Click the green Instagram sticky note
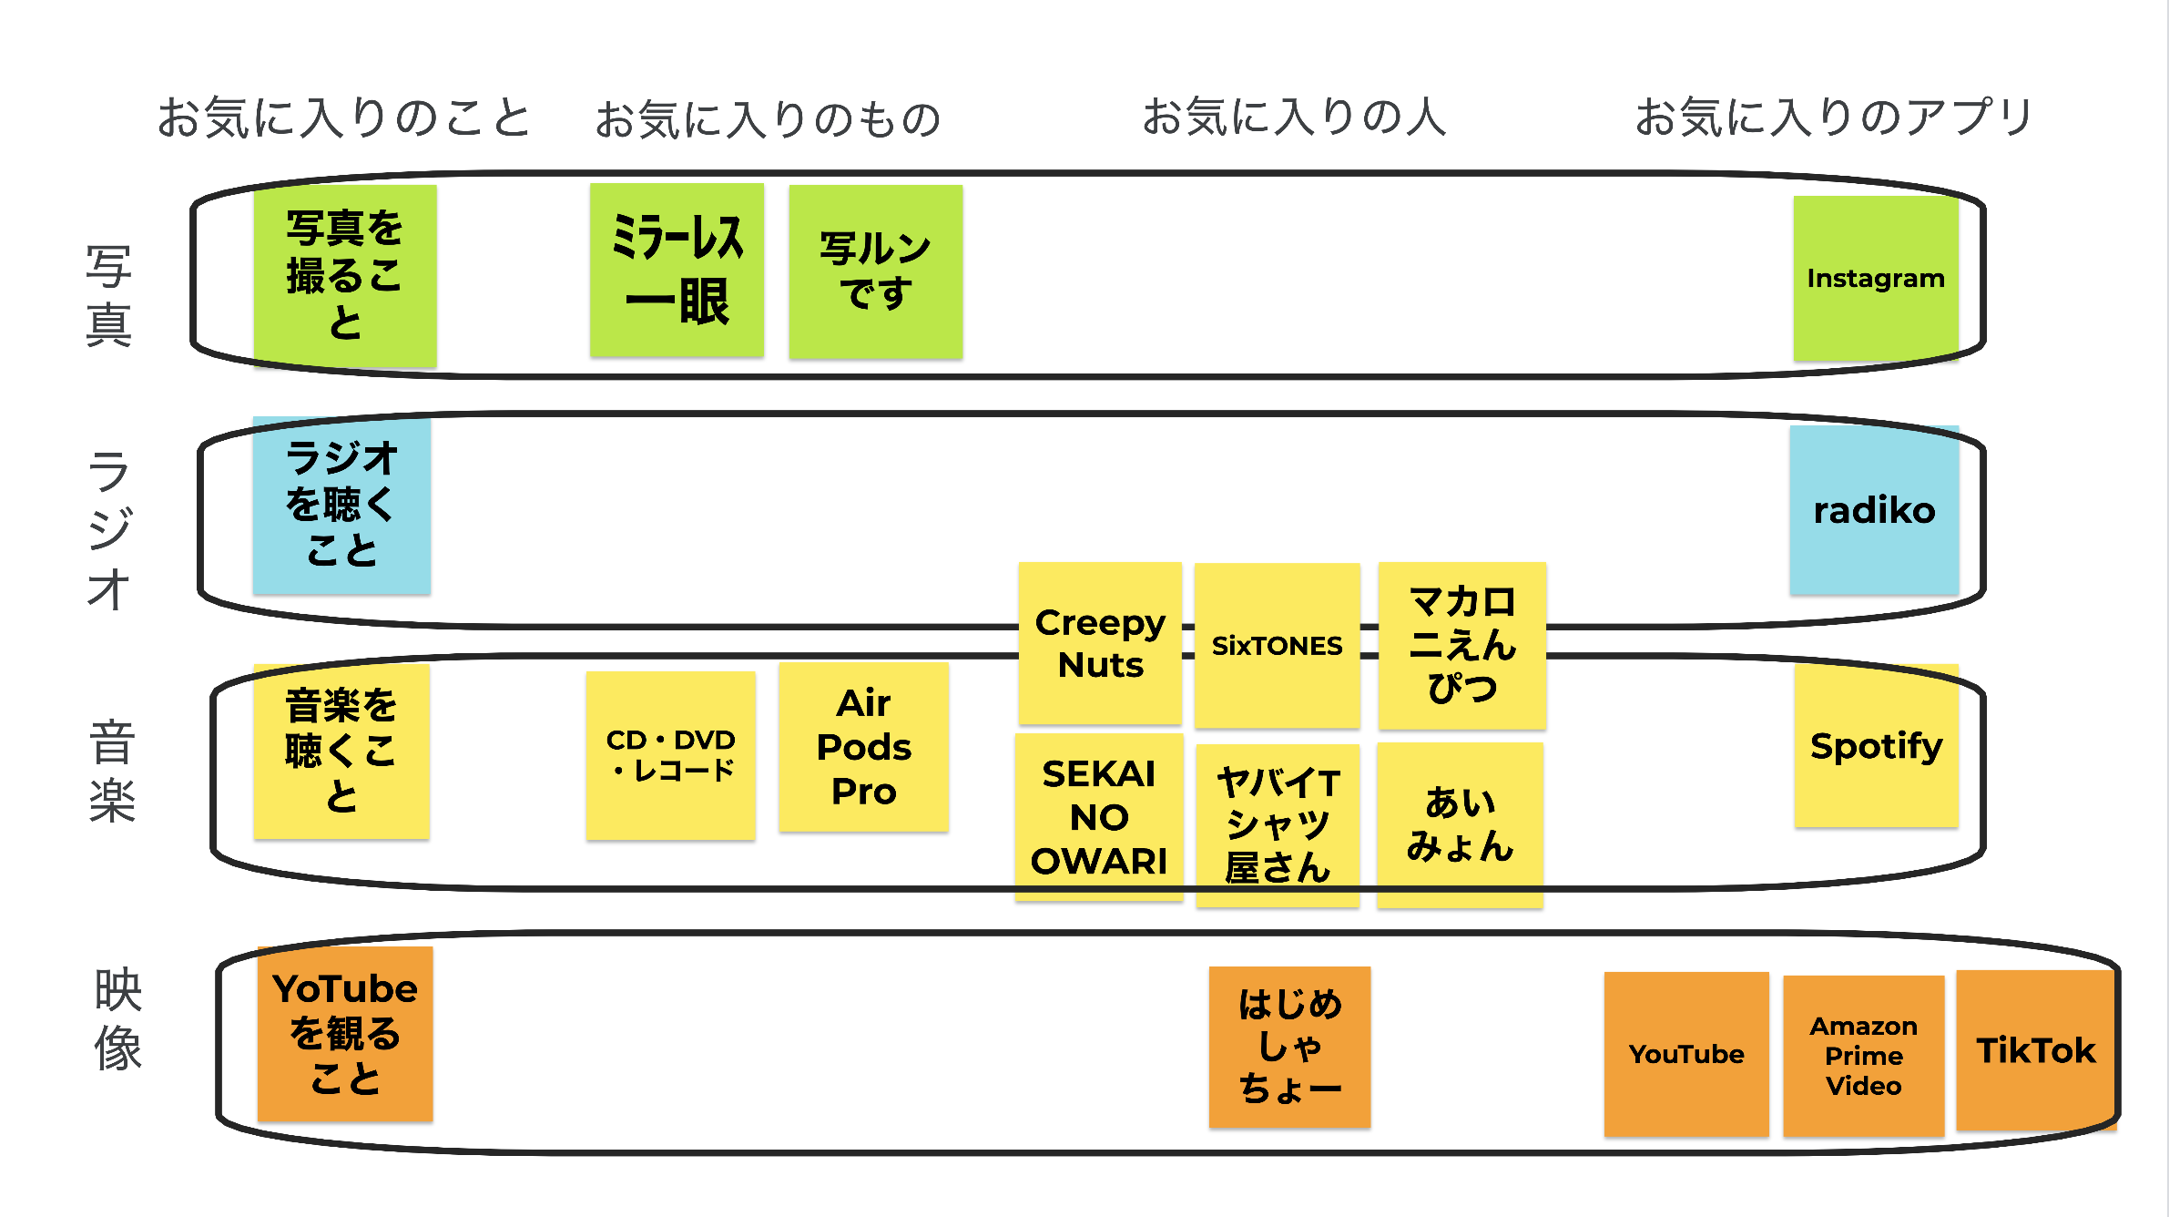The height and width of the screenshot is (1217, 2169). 1875,278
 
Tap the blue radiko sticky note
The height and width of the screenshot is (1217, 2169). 1874,510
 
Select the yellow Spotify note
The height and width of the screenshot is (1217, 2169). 1876,746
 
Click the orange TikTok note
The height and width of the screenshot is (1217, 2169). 2035,1050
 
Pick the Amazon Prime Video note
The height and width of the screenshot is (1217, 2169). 1863,1056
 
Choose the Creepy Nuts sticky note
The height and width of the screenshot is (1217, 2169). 1100,643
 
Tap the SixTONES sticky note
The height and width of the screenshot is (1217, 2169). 1277,645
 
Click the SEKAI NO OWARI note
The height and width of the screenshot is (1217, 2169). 1099,817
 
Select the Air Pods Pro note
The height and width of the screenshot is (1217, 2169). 863,747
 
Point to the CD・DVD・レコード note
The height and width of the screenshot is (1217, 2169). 670,755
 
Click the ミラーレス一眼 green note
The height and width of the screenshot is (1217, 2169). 677,270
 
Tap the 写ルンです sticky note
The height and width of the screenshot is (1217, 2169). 875,271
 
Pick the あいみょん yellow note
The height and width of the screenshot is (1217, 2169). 1460,824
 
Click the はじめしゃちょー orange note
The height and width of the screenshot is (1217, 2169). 1289,1047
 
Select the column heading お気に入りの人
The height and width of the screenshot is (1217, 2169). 1294,118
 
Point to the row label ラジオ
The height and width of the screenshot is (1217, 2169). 109,529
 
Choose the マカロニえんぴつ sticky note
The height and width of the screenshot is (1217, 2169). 1461,645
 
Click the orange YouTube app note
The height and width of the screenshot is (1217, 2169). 1686,1054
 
